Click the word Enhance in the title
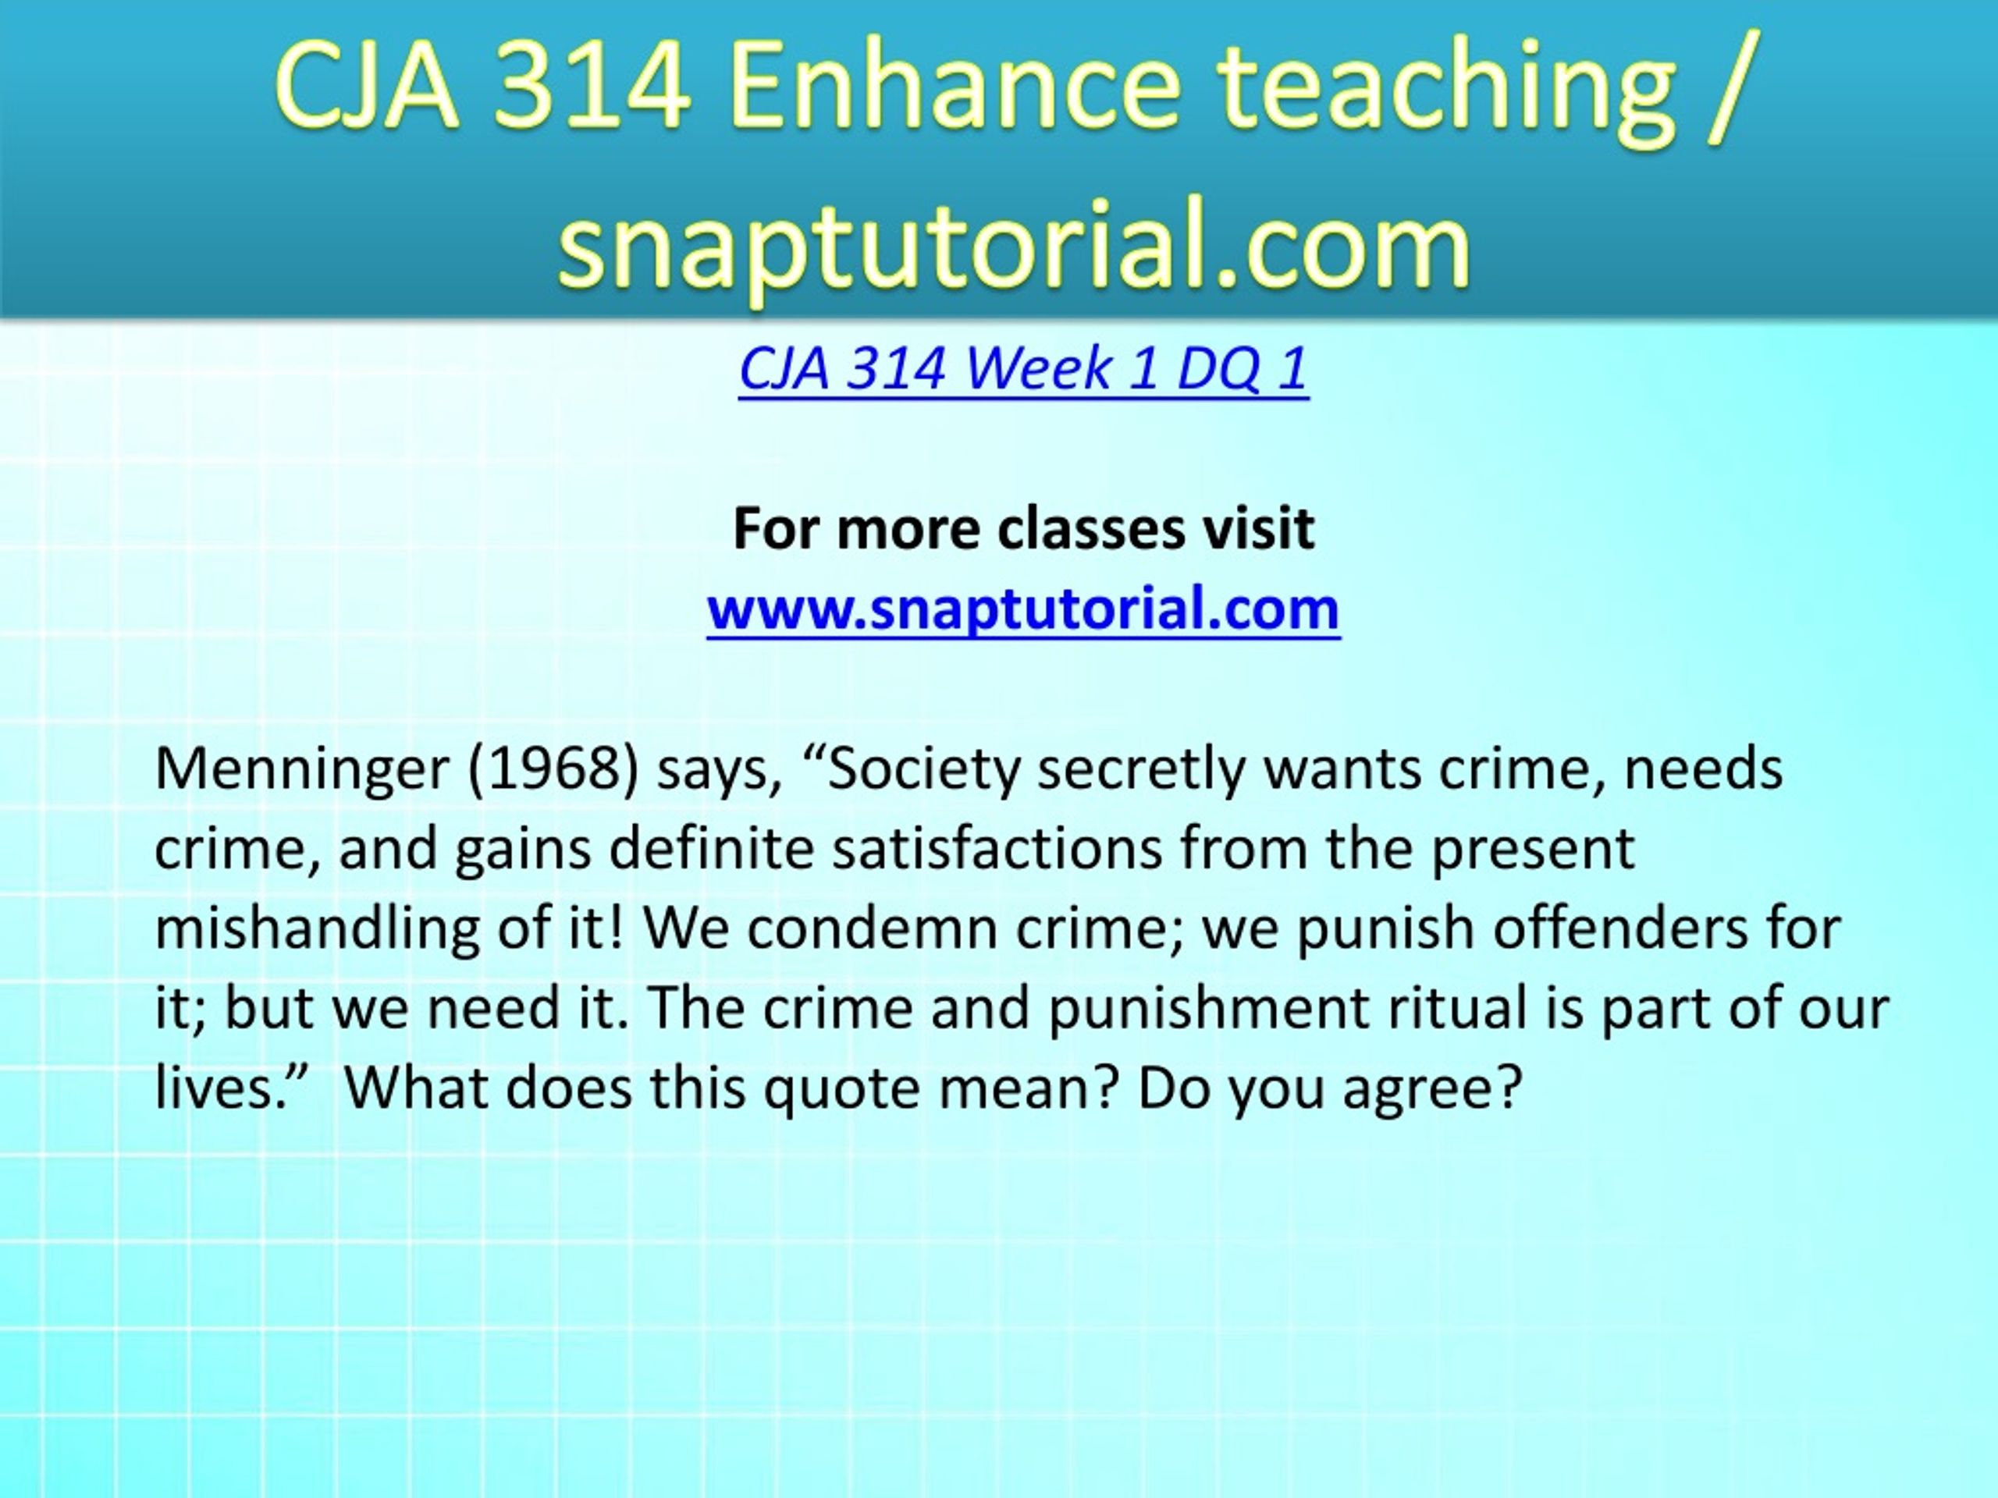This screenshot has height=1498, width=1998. (x=954, y=85)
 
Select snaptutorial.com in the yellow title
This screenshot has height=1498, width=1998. (x=1015, y=246)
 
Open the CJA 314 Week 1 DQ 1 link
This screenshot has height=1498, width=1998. (x=1023, y=368)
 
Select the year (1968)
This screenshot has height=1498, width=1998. (x=553, y=769)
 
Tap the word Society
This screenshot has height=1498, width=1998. (x=923, y=771)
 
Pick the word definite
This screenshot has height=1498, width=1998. (x=712, y=849)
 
